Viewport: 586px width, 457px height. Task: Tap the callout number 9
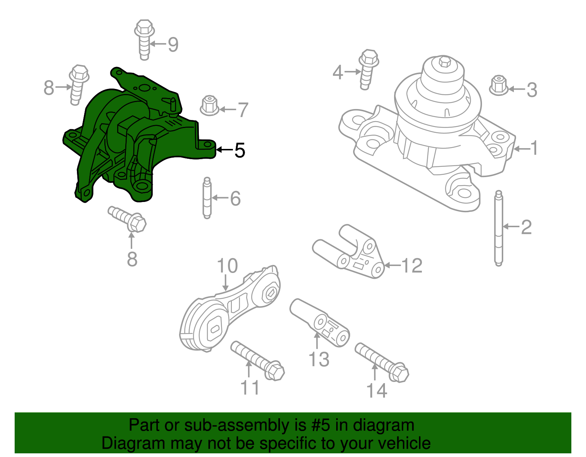click(173, 45)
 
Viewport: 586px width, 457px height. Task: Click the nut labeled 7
click(209, 106)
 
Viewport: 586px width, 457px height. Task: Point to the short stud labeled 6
click(207, 198)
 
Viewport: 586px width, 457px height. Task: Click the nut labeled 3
click(498, 86)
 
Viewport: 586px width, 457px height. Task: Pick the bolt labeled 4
click(367, 69)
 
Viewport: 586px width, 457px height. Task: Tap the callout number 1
click(534, 148)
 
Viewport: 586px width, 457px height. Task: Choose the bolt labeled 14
click(382, 362)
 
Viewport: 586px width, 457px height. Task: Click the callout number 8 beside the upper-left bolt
click(49, 88)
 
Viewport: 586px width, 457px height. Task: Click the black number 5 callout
click(240, 150)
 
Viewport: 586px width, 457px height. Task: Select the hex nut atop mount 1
click(445, 62)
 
